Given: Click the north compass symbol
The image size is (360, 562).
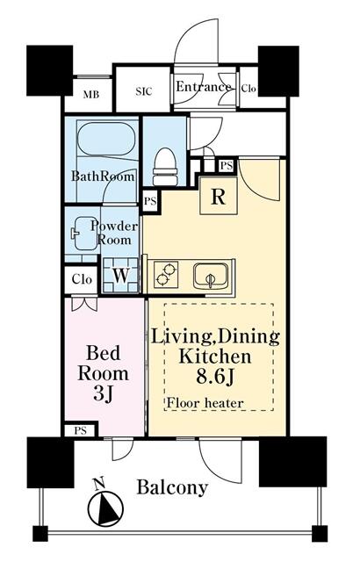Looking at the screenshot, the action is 105,506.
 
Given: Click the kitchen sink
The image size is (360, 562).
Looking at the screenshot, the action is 210,276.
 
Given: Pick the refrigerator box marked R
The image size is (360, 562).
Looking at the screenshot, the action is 218,196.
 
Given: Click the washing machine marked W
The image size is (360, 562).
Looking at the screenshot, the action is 120,276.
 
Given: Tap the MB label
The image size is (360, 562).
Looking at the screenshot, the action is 91,95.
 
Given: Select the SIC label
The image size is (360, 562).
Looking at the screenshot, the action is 144,91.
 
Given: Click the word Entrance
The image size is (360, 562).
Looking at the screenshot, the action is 204,87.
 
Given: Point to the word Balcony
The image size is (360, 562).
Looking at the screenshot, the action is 172,487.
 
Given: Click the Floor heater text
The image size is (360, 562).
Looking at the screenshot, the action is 205,403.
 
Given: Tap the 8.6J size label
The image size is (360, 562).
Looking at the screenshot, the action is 215,376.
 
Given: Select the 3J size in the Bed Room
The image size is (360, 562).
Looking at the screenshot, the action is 103,393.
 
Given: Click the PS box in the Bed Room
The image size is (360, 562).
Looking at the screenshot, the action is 81,430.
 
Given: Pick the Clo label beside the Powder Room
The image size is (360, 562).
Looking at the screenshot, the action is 82,279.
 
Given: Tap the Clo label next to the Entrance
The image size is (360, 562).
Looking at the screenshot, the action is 248,88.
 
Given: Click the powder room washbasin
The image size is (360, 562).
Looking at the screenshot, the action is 83,234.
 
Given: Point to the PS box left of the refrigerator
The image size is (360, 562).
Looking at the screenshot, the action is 150,201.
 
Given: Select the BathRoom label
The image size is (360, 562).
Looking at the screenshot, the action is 103,176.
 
